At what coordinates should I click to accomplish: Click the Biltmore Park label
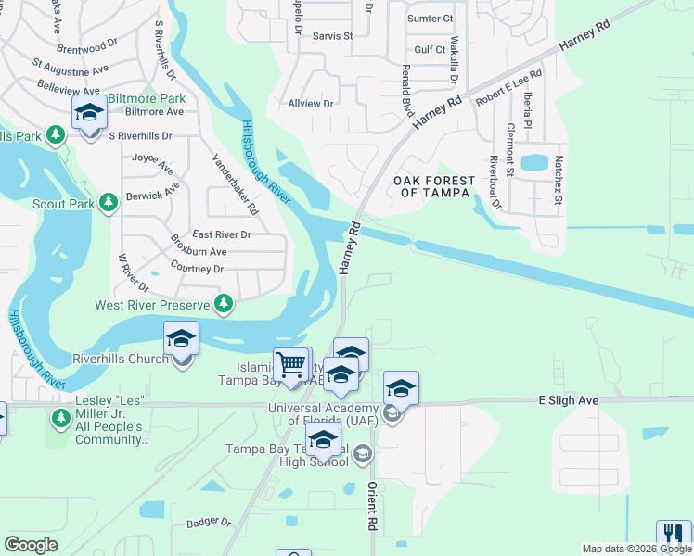[147, 98]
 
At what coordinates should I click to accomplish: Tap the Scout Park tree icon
[109, 202]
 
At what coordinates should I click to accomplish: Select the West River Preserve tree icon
[224, 304]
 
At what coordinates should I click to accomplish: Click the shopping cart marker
[291, 364]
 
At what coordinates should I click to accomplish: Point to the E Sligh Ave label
[568, 399]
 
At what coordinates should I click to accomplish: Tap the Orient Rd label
[372, 505]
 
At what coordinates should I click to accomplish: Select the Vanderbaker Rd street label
[236, 184]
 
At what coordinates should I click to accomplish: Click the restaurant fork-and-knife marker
[673, 535]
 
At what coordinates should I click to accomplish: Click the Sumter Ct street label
[430, 19]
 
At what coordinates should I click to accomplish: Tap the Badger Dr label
[208, 523]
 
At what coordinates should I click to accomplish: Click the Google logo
[32, 545]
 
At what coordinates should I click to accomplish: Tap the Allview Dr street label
[310, 104]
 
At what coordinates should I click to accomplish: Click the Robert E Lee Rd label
[508, 87]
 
